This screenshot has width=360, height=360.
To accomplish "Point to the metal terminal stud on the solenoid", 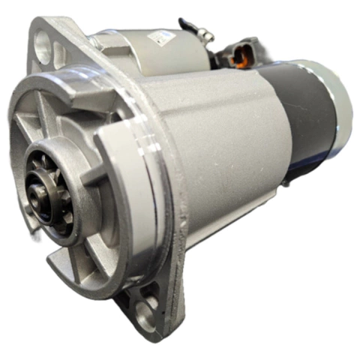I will [x=205, y=35].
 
